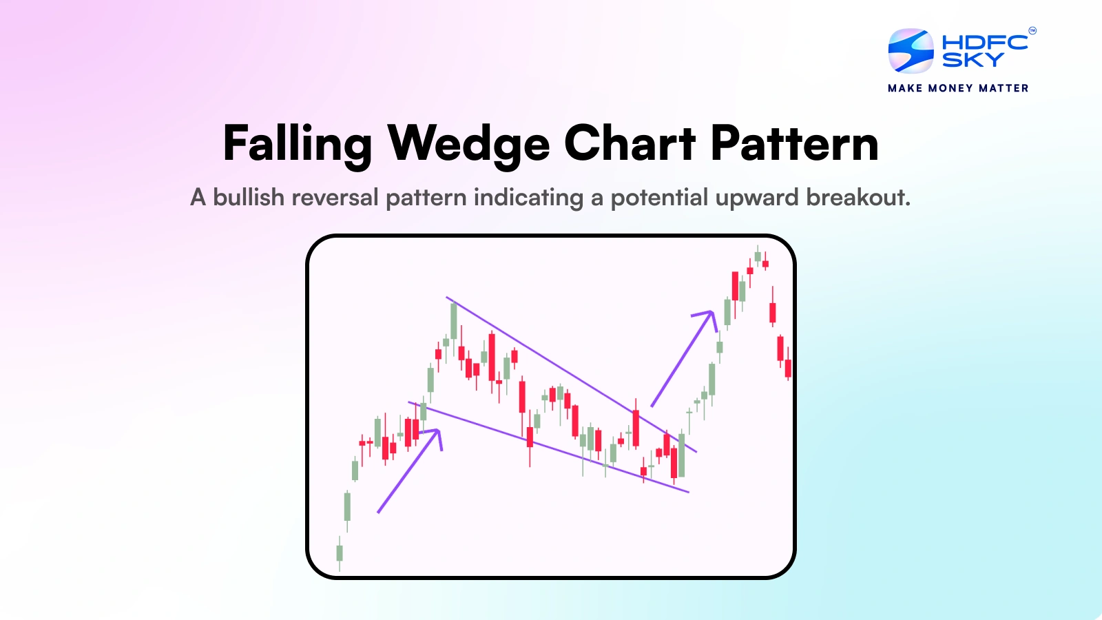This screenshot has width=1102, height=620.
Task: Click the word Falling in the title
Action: coord(297,144)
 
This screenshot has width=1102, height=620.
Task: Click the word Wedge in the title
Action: coord(468,144)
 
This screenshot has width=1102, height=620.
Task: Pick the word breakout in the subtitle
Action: coord(858,198)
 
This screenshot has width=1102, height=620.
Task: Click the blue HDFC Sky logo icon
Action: coord(911,50)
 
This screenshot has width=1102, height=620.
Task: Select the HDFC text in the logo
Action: coord(984,42)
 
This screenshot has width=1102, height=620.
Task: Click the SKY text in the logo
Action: coord(973,61)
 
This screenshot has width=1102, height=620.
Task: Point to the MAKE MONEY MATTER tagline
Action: coord(958,88)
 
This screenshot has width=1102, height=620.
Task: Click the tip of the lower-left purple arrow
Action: coord(438,431)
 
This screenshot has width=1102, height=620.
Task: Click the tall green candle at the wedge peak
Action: coord(454,320)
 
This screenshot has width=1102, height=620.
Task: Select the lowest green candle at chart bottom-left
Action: coord(340,552)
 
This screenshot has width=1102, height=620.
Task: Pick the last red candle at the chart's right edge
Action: coord(788,368)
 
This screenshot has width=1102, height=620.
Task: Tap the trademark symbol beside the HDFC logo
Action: coord(1032,30)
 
